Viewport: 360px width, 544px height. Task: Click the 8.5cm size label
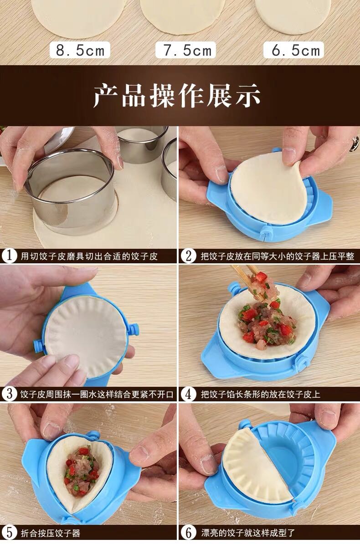tap(80, 50)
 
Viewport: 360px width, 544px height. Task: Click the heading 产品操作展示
tap(177, 95)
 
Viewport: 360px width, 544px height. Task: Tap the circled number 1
tap(10, 256)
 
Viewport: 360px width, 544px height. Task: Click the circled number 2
tap(189, 256)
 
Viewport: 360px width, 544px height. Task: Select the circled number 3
tap(10, 394)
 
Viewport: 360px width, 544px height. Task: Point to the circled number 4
tap(189, 394)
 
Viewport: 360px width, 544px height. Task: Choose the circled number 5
tap(10, 532)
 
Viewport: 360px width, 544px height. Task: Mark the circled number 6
tap(189, 532)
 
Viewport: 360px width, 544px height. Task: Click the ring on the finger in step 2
tap(354, 143)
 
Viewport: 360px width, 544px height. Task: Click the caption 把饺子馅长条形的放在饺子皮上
tap(260, 394)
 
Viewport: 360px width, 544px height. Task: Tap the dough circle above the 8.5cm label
tap(79, 17)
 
